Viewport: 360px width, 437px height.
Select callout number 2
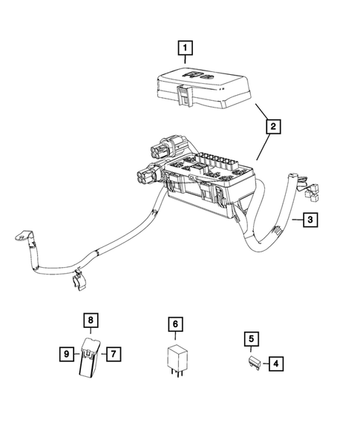pos(274,128)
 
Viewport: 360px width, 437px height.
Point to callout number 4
pos(275,364)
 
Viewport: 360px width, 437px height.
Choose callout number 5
pos(252,339)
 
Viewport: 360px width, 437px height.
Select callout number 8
pos(90,321)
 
